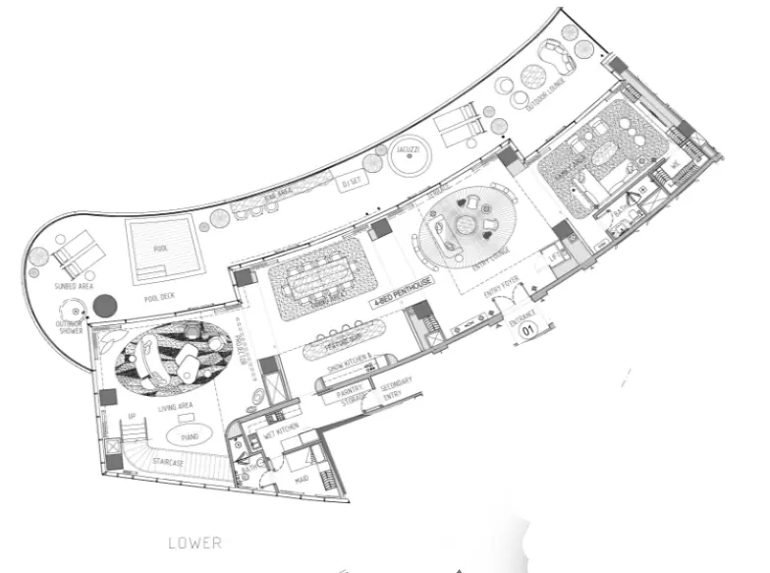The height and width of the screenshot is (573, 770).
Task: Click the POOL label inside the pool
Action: pos(160,249)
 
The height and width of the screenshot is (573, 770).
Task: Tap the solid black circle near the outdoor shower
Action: pos(105,305)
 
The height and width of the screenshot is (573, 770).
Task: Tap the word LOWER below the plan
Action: pos(194,543)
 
